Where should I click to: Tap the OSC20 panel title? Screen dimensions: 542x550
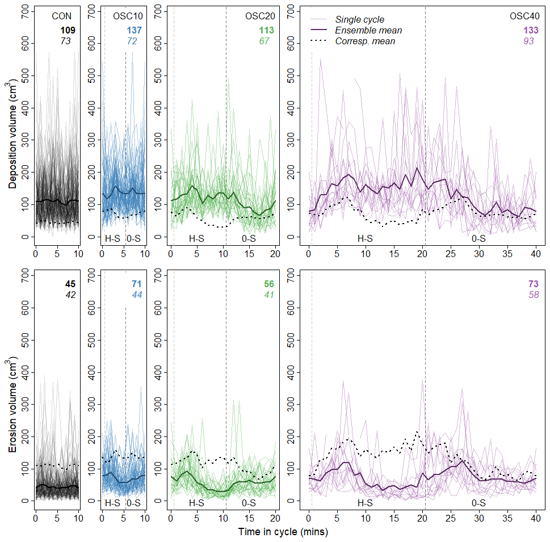(x=259, y=16)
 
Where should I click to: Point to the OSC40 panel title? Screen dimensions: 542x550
(x=524, y=16)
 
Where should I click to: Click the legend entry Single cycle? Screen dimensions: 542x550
(x=359, y=20)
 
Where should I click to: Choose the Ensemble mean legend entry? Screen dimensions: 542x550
(x=368, y=31)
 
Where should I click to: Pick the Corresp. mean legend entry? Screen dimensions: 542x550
(x=365, y=41)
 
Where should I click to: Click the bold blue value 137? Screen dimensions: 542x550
(x=135, y=30)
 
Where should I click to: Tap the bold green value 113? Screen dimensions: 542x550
(x=266, y=30)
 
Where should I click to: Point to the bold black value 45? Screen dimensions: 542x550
(x=68, y=284)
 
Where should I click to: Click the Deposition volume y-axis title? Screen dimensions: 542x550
(x=12, y=136)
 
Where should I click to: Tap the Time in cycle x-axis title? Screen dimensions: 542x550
(x=283, y=532)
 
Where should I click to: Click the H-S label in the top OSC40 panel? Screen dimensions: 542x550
(x=365, y=238)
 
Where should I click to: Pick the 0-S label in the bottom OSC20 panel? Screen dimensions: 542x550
(x=249, y=503)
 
